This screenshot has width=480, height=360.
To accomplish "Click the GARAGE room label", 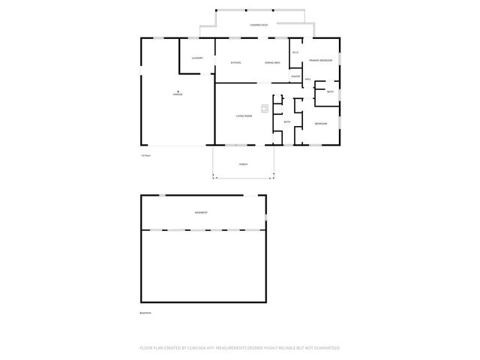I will coord(178,94).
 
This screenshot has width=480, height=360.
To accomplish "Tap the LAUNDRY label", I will coord(197,58).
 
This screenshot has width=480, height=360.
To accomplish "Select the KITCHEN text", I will coord(235,62).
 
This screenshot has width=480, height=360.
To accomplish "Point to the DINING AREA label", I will coord(272,62).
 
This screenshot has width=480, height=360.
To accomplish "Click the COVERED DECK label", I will coord(259,25).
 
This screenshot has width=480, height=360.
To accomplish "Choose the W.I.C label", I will coord(295,52).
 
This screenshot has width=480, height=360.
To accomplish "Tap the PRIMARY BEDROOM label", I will coord(321,60).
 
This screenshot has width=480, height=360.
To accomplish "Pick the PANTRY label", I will coord(296,76).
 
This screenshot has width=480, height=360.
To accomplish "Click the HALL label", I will coord(307,79).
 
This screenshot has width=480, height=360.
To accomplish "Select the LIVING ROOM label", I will coord(244,116).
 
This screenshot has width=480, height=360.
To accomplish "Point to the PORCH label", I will coord(243,164).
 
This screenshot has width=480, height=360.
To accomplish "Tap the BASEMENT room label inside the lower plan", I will coord(201,212).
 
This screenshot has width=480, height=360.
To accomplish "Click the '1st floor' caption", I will coord(145,155).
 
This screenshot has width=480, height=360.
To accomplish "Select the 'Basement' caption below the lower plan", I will coord(145,313).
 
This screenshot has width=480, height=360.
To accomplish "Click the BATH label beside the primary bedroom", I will coord(330,91).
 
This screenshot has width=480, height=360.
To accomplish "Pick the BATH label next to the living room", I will coord(287,121).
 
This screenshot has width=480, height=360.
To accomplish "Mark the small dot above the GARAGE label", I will coord(178,91).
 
